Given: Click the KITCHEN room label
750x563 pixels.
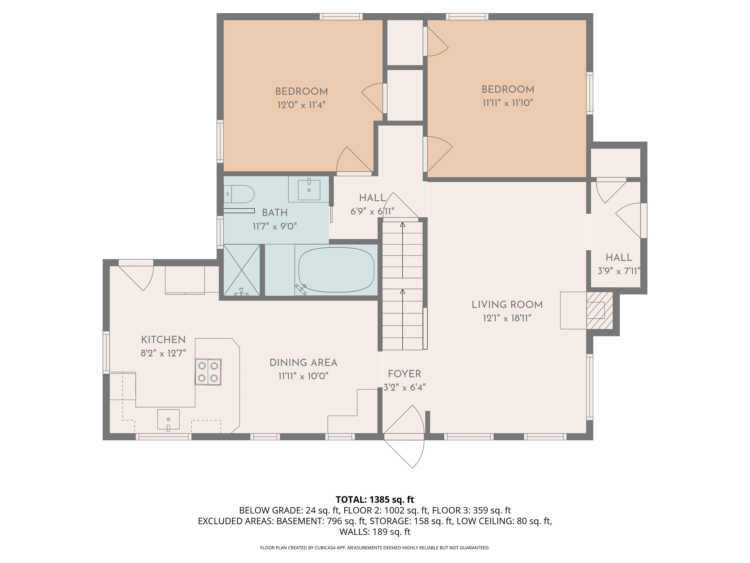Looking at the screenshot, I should click(x=163, y=340).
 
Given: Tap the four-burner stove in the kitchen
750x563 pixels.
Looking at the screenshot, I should click(x=208, y=372).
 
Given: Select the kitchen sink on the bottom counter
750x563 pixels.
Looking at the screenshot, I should click(x=168, y=420).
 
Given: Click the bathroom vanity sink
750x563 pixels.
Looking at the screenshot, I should click(x=309, y=190).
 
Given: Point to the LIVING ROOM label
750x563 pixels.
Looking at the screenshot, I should click(x=507, y=305).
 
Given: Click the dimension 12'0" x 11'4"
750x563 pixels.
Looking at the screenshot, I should click(x=302, y=105).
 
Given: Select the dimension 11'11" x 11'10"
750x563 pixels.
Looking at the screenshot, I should click(x=508, y=103).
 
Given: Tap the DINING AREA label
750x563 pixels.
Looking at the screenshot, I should click(x=303, y=363).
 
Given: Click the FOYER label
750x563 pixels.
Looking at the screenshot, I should click(x=404, y=374).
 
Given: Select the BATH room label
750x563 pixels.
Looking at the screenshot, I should click(x=275, y=213).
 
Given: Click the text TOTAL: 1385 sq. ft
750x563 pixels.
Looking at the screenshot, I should click(x=375, y=499).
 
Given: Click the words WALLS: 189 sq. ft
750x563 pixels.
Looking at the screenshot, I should click(x=375, y=532).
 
